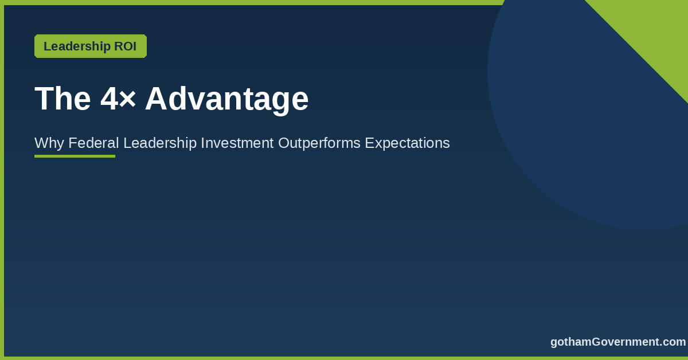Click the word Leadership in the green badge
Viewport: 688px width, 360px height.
tap(77, 46)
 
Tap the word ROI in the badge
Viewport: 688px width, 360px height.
tap(126, 46)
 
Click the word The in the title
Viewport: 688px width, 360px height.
tap(62, 99)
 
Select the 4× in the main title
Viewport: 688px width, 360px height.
tap(118, 99)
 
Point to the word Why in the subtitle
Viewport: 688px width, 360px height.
tap(49, 143)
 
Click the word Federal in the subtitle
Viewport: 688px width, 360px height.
tap(93, 143)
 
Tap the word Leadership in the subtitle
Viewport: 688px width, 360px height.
tap(160, 143)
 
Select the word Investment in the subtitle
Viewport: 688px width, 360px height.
tap(237, 143)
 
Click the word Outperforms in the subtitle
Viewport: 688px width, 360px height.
tap(319, 143)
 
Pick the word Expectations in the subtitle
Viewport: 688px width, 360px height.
tap(407, 143)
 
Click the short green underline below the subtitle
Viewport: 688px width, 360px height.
tap(75, 156)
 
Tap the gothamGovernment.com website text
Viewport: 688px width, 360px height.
tap(618, 342)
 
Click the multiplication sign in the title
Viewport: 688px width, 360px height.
tap(127, 99)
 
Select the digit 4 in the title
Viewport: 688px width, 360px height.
tap(109, 99)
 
